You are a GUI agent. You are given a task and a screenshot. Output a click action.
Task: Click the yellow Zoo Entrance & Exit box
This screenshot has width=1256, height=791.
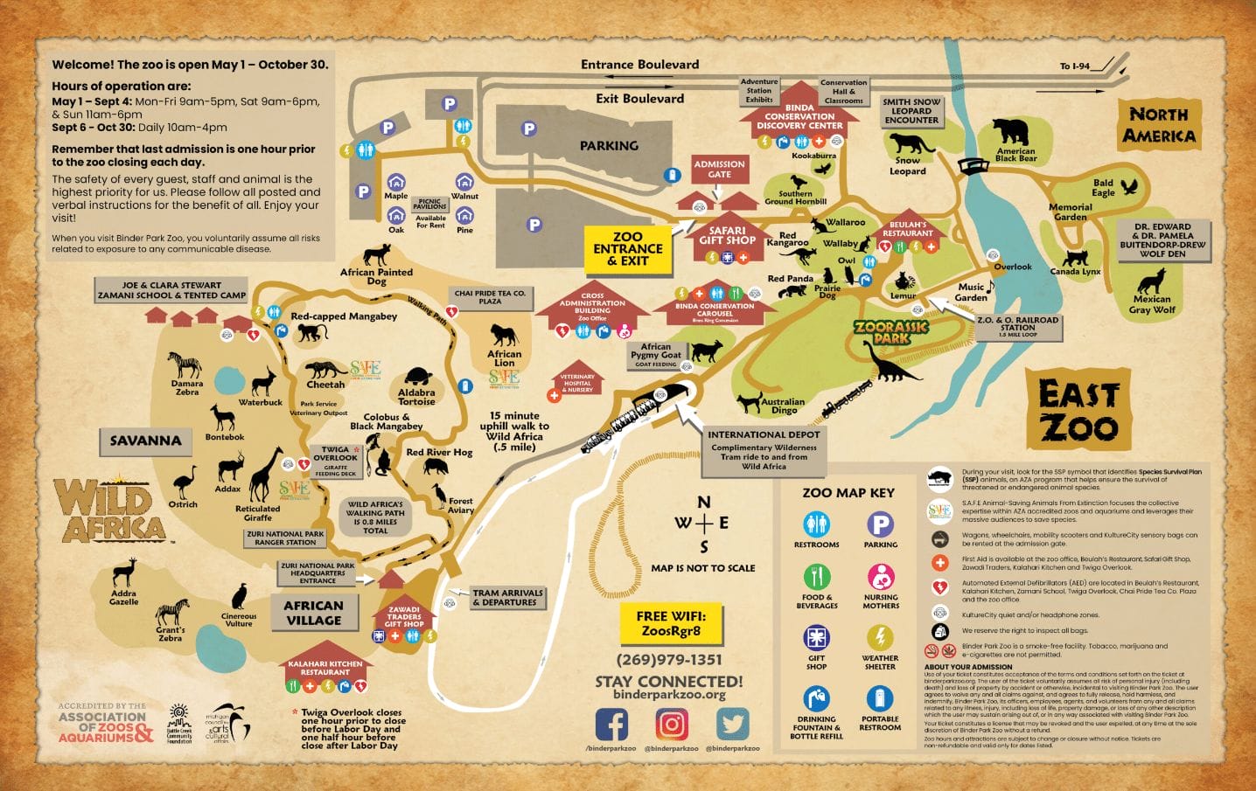627,248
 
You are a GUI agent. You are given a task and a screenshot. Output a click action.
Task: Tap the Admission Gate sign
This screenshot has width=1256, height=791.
719,169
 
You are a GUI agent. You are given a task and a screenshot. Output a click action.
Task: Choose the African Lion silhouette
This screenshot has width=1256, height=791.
504,336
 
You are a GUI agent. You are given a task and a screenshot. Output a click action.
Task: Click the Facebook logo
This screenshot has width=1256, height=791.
612,724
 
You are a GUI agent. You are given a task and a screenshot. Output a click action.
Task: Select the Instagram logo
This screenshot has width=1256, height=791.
672,724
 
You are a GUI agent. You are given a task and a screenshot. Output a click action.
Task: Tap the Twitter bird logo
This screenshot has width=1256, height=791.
733,724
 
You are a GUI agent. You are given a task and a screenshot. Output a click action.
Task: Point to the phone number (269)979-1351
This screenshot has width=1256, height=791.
669,660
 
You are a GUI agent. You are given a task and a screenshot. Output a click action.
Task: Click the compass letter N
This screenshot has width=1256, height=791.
703,503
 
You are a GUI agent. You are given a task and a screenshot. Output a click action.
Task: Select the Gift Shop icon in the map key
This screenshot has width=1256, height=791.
816,637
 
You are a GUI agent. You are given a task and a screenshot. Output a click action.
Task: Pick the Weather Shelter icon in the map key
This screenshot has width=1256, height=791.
880,637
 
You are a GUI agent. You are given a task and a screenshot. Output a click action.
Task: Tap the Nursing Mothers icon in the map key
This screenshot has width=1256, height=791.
880,577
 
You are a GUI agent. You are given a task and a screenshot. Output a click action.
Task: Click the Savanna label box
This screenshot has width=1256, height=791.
145,441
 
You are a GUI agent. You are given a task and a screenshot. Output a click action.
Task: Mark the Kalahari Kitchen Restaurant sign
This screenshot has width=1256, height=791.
325,668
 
